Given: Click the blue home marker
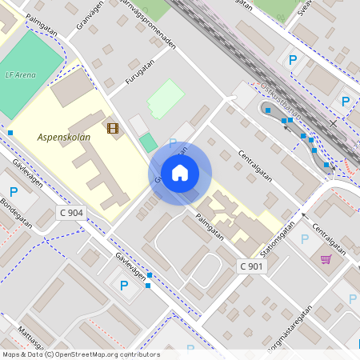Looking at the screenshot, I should tap(180, 173).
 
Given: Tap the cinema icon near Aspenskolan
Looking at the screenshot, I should tap(113, 128).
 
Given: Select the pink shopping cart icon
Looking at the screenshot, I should tap(326, 258).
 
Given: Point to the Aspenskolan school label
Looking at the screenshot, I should tap(64, 137).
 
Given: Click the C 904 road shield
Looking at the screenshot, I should tap(71, 213).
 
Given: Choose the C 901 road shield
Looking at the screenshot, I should tap(251, 266).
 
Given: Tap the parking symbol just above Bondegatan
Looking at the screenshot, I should tap(13, 192).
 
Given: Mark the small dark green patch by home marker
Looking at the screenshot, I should tap(148, 143).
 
